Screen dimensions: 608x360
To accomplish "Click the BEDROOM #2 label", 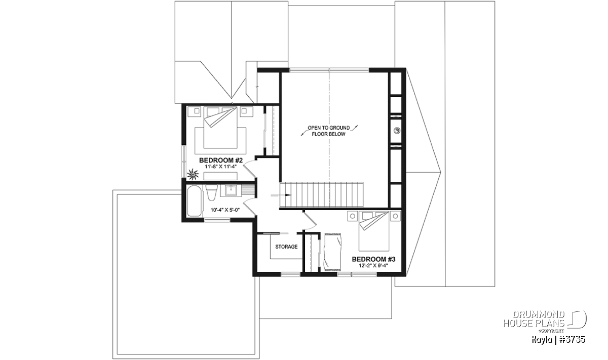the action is (221, 160).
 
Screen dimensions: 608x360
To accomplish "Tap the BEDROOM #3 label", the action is (373, 259).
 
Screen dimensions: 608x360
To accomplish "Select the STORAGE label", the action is (286, 247).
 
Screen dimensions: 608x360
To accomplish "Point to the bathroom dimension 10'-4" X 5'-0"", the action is (225, 210).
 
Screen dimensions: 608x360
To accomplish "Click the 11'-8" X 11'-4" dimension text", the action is (221, 167).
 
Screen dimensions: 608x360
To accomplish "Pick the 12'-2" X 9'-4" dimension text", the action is (373, 266).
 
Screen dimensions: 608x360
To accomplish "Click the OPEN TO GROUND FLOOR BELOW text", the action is (329, 131).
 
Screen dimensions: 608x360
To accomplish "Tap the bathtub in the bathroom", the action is (195, 201).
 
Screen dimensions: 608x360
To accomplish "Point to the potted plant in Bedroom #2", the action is (193, 174).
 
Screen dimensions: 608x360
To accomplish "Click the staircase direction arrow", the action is (281, 195).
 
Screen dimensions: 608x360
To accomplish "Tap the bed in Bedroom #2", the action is (220, 128).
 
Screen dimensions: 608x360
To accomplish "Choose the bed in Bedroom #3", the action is (374, 231).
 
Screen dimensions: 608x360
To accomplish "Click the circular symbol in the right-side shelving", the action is (397, 131).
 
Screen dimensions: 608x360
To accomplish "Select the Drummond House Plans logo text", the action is (534, 319).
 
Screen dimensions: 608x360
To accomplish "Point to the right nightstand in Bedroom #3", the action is (395, 216).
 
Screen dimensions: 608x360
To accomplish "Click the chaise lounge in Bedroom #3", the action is (333, 252).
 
